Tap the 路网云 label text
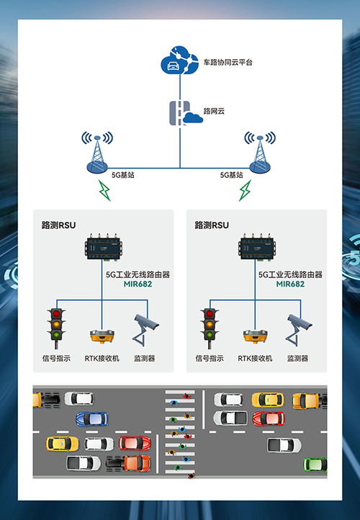click(215, 112)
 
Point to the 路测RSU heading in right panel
click(212, 225)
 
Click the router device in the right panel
click(258, 248)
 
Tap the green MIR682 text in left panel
click(138, 284)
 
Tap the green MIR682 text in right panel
click(290, 284)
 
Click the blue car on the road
click(91, 418)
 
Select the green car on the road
click(315, 465)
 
